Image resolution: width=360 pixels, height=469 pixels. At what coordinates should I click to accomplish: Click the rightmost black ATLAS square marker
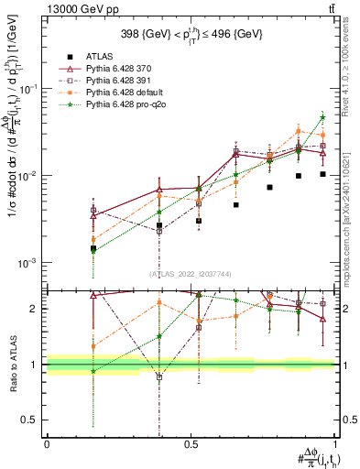pyautogui.click(x=322, y=174)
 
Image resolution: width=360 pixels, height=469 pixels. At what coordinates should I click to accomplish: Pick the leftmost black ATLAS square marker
pyautogui.click(x=93, y=248)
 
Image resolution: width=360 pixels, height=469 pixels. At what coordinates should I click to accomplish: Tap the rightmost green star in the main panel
pyautogui.click(x=322, y=117)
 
